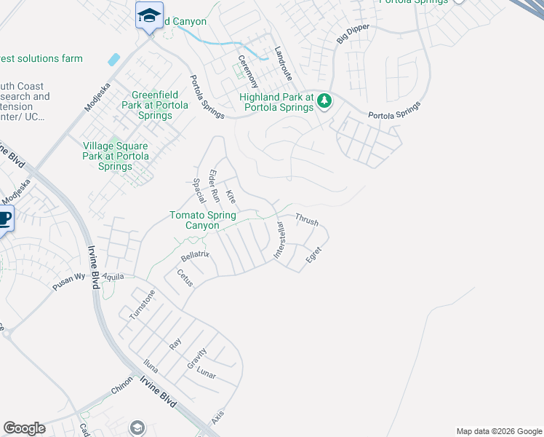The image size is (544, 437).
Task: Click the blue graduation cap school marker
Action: (x=150, y=15)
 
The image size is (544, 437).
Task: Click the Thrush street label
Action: (x=306, y=219)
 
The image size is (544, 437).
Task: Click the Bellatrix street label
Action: (x=195, y=255)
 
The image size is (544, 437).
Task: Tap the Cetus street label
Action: (x=185, y=277)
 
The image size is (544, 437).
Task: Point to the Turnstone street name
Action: (x=142, y=304)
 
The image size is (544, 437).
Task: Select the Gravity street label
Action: (x=196, y=359)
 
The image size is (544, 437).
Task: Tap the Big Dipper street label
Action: (x=353, y=34)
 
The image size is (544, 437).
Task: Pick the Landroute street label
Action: (x=283, y=64)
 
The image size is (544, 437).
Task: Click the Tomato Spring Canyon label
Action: (x=203, y=220)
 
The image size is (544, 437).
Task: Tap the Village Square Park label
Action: (x=116, y=156)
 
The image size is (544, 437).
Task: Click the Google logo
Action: (x=24, y=428)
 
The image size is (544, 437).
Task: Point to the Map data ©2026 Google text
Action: (x=498, y=431)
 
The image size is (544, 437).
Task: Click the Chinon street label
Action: (x=122, y=385)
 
